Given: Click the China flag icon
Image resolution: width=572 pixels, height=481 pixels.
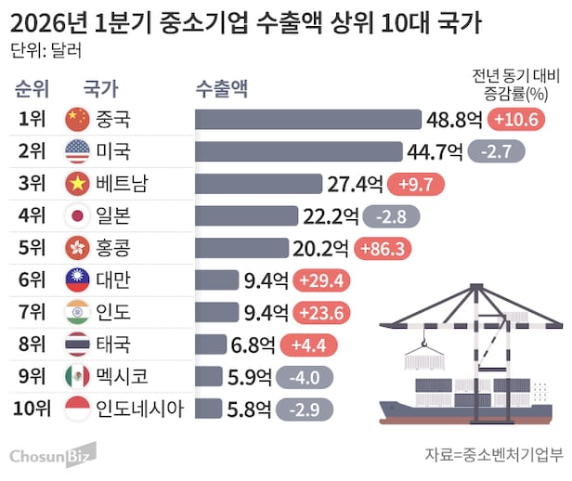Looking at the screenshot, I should [x=76, y=119].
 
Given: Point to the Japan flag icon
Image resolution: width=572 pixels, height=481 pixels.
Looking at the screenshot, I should [x=76, y=216].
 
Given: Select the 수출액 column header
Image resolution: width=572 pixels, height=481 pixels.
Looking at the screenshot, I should [x=222, y=88].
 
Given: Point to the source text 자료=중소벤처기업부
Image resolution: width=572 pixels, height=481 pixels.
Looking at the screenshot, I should [x=493, y=454].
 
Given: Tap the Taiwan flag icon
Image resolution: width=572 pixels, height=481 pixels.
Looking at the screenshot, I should [x=76, y=280].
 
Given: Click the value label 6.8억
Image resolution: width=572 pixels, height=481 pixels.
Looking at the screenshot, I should [x=252, y=345].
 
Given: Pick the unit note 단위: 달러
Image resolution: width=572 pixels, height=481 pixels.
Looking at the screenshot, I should [x=41, y=50].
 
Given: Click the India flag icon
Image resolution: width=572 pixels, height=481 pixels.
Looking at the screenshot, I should [x=76, y=312].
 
